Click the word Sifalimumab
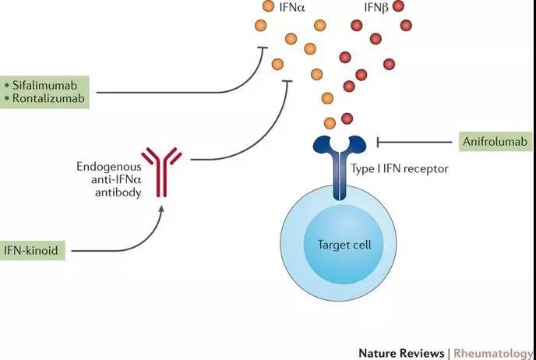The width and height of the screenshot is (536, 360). pos(44,85)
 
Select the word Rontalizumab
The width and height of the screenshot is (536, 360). pos(48,98)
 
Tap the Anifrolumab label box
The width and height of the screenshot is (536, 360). pos(495,141)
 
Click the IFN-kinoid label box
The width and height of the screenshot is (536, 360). pos(31,251)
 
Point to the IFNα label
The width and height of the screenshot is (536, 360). pos(292,7)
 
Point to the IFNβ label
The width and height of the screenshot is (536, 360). pos(376,7)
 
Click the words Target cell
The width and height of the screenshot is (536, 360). pos(344,245)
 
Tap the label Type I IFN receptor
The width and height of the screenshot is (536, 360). pos(400,168)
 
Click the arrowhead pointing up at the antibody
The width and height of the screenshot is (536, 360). pos(162,209)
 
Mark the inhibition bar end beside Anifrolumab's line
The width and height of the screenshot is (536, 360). pos(378,142)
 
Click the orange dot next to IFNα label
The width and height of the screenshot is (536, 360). pos(268,5)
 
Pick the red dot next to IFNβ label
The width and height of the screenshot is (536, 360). pos(398,5)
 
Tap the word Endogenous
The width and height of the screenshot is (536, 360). pos(109,168)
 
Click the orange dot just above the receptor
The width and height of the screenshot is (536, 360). pos(330,123)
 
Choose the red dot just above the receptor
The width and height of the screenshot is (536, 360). pos(347,118)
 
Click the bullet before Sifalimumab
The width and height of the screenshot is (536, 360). pos(7,85)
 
